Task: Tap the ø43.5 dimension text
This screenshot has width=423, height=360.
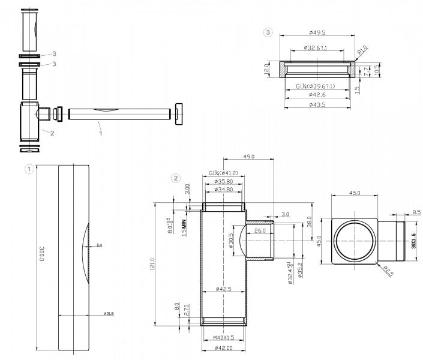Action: [x=316, y=105]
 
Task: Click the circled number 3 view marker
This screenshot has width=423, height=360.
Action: [x=268, y=31]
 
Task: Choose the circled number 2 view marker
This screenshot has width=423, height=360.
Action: [x=175, y=178]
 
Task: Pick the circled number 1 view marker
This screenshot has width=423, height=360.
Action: [x=28, y=169]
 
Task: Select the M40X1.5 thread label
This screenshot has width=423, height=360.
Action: [x=223, y=337]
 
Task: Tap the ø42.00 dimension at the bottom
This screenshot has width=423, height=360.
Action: [x=224, y=348]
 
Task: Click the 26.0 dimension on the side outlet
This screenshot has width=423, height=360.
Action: [x=260, y=230]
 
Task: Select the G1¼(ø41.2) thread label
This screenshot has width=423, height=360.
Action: [x=224, y=173]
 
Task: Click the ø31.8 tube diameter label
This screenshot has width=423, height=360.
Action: [x=109, y=314]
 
